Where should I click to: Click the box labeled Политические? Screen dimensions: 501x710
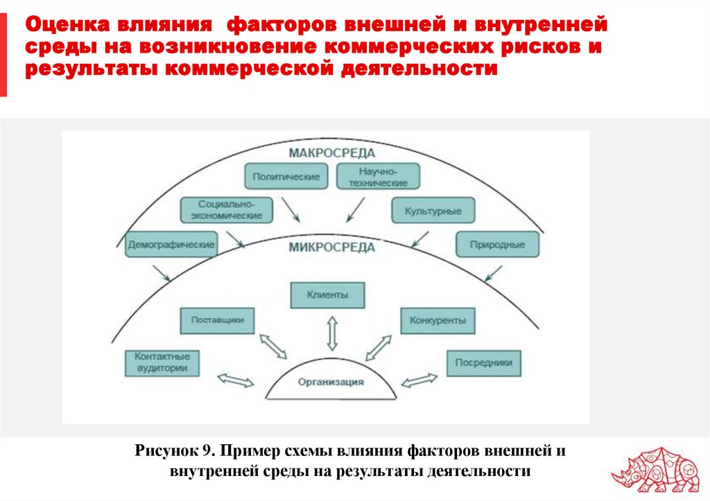[x=286, y=177]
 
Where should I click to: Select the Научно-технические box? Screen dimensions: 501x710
[x=378, y=177]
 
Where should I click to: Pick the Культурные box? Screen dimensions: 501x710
[x=433, y=210]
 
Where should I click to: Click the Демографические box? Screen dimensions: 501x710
[x=171, y=244]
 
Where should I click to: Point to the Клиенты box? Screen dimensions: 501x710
[x=327, y=295]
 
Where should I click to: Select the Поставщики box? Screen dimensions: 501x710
[x=217, y=320]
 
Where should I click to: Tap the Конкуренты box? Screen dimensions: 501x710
[x=437, y=321]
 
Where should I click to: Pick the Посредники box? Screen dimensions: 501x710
[x=483, y=362]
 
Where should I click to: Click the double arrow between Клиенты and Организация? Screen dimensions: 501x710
[x=331, y=333]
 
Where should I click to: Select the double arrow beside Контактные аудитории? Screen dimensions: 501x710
[x=236, y=379]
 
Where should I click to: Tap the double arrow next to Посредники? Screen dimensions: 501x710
[x=419, y=379]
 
